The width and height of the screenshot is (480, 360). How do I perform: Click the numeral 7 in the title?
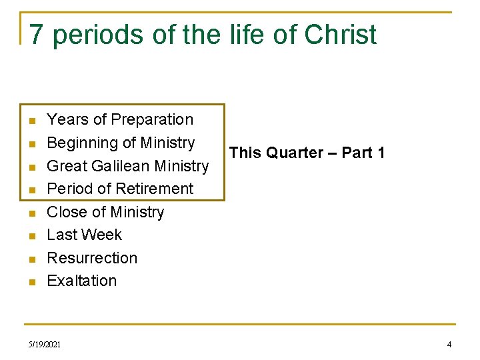coord(37,35)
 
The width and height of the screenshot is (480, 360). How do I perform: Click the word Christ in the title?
coord(341,35)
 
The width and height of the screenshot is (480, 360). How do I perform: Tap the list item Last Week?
coord(84,235)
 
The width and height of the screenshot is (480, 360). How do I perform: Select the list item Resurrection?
coord(92,258)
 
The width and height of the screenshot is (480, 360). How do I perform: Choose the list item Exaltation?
coord(81,281)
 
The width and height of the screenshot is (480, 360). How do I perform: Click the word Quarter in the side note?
coord(294,153)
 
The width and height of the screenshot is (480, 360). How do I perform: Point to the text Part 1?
coord(363,153)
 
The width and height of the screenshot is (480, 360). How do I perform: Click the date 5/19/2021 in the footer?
coord(45,345)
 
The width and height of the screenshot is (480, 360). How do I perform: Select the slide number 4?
coord(449,345)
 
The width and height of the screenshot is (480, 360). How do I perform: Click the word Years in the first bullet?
coord(67,120)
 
